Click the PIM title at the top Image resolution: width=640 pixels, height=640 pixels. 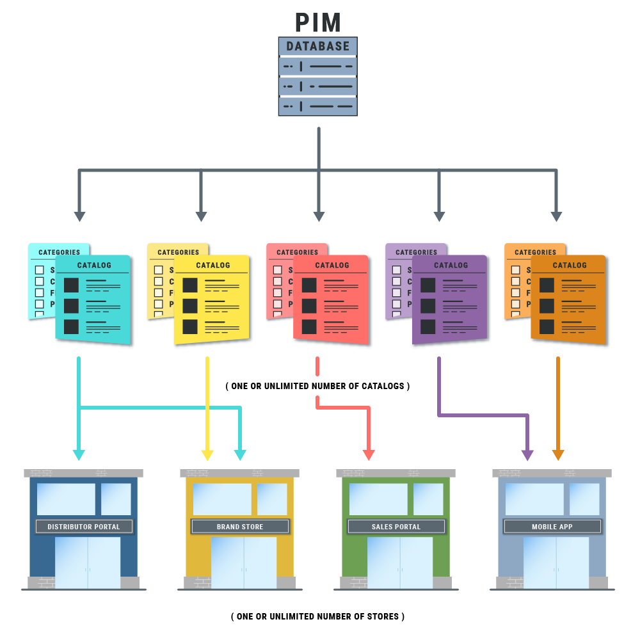coord(318,23)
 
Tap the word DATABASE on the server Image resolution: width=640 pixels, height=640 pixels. coord(318,47)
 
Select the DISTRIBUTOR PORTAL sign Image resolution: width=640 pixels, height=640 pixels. coord(84,527)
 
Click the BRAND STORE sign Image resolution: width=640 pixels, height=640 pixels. coord(240,527)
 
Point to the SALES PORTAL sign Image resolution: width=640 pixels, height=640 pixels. coord(396,527)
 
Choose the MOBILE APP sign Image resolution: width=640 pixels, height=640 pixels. coord(552,527)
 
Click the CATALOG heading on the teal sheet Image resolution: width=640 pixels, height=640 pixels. coord(94,265)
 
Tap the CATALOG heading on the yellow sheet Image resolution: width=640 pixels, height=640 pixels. coord(213,265)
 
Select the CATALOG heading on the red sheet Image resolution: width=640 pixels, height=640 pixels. coord(332,265)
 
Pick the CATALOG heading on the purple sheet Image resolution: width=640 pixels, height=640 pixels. coord(451,265)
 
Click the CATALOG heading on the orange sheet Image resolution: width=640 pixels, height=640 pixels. coord(570,265)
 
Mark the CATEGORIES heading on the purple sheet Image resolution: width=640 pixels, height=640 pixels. coord(416,252)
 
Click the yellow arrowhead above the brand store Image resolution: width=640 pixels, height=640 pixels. coord(207,455)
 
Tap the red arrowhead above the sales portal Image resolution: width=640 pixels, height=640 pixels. coord(369,455)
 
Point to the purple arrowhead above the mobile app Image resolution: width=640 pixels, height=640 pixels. coord(527,455)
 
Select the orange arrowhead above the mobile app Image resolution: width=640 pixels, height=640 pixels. coord(558,455)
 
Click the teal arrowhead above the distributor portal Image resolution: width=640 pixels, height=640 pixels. coord(79,455)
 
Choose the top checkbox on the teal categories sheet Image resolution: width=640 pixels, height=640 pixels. coord(40,270)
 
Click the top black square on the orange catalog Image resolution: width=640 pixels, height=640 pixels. coord(547,285)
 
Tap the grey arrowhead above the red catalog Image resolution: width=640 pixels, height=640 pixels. coord(319,217)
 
